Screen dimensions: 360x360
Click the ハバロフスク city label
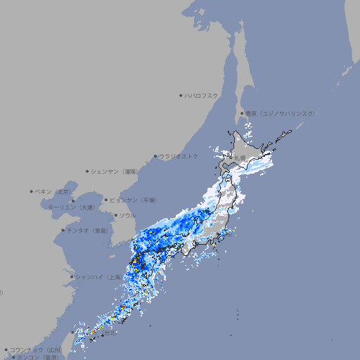pos(202,95)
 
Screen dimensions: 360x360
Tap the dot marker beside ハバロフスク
pos(181,95)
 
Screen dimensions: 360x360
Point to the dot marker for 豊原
pos(242,113)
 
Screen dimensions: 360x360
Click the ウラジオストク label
pos(179,156)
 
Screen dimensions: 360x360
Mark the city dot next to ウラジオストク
pos(155,156)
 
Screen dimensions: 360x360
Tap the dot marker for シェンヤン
pos(88,171)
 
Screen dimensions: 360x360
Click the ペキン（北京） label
pos(55,191)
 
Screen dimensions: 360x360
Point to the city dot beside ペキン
pos(32,191)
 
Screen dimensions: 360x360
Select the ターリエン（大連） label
pos(70,208)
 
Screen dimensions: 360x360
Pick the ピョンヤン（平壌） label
pos(134,200)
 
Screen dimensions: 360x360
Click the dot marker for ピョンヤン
pos(107,200)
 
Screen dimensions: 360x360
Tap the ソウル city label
pos(127,215)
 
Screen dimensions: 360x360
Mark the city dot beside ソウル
pos(115,215)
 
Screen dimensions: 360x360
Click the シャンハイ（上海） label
pos(98,277)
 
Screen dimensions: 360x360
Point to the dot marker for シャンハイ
pos(72,277)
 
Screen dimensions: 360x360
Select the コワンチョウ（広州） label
pos(36,349)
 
